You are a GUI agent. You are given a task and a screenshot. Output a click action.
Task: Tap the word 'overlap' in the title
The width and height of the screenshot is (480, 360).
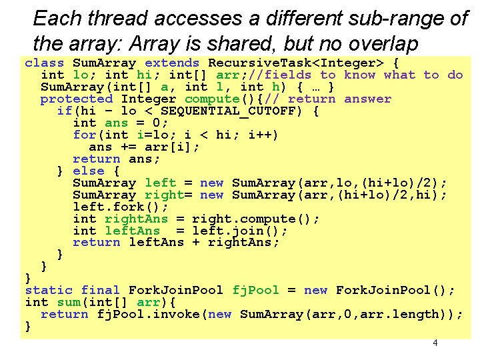383,44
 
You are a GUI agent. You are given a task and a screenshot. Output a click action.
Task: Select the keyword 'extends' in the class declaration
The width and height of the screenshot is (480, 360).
172,63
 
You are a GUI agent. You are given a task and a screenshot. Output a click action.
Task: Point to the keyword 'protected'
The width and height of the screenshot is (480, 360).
77,99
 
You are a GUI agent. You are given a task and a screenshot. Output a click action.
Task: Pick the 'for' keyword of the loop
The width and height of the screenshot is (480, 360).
85,135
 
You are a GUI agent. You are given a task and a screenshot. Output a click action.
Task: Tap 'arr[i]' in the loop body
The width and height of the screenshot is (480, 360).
168,147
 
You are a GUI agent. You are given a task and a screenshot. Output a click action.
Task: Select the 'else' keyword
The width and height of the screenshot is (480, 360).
89,171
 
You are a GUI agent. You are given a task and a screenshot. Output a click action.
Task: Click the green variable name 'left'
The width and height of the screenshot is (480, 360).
161,183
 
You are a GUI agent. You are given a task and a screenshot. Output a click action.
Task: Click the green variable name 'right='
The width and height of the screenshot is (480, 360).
169,195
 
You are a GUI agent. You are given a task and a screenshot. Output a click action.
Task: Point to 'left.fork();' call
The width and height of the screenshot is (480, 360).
121,207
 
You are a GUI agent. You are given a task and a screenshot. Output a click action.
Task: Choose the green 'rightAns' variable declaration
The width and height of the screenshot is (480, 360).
137,219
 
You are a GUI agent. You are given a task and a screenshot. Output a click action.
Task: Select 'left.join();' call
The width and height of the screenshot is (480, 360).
240,231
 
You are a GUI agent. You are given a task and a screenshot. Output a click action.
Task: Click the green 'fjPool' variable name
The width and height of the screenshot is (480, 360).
255,291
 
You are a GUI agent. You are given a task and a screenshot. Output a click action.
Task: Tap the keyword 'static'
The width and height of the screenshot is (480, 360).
49,290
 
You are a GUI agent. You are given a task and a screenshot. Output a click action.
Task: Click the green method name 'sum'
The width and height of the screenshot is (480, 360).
69,303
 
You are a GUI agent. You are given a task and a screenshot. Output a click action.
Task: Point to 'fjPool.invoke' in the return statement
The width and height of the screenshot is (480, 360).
149,315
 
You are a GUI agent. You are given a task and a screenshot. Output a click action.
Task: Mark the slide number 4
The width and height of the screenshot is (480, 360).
435,343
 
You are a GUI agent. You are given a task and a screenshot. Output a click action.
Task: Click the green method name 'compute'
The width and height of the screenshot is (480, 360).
212,99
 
